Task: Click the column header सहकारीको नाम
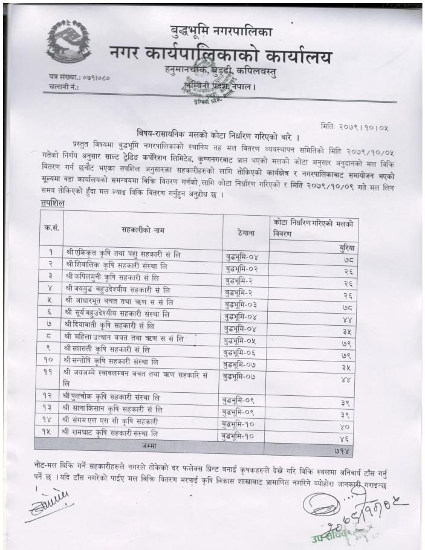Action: [141, 230]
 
